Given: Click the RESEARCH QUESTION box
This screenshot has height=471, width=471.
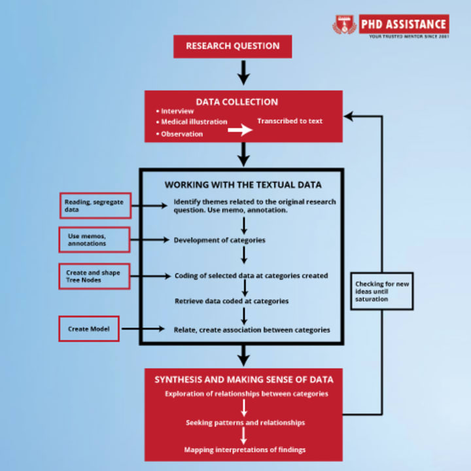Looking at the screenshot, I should (x=232, y=46).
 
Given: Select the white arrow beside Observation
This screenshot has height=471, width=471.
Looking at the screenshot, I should (x=240, y=131).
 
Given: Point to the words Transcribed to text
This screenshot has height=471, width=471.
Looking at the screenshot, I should (x=289, y=121).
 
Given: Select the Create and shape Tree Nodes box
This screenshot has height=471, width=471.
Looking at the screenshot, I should (x=93, y=276).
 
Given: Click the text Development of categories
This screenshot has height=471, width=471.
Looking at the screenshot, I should (x=219, y=240).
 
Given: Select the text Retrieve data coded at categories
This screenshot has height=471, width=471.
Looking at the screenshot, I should (x=232, y=301).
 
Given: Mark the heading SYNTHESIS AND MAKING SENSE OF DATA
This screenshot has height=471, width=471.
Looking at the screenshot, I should (x=244, y=379).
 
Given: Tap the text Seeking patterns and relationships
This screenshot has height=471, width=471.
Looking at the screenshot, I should (x=245, y=423).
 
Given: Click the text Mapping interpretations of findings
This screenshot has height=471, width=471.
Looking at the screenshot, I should (x=245, y=450).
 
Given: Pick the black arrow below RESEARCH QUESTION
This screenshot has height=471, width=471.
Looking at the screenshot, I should (x=243, y=71).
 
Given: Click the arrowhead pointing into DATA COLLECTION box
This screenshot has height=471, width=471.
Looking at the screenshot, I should (x=349, y=116).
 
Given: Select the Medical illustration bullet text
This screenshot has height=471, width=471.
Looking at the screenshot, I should (x=194, y=122).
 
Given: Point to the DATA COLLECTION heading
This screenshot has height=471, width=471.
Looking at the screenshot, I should (x=237, y=102).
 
